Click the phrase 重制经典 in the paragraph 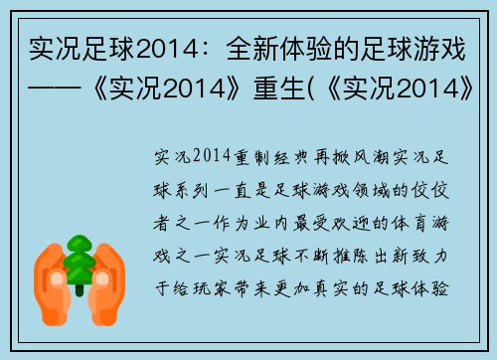(x=269, y=157)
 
